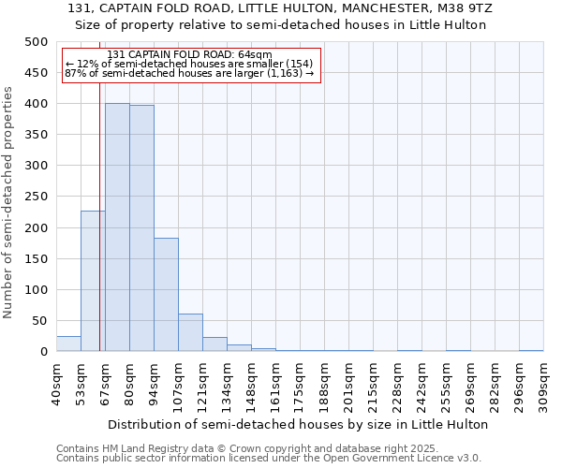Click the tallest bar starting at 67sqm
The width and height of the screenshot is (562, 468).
tap(117, 227)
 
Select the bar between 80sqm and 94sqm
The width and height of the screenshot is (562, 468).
tap(141, 228)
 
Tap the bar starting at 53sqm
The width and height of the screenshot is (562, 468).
tap(93, 281)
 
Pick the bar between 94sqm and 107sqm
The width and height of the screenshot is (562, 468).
tap(166, 295)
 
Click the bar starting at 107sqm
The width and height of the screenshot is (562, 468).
tap(190, 333)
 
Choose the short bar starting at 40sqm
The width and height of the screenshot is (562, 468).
tap(68, 344)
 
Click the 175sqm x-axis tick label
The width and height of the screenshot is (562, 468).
tap(300, 384)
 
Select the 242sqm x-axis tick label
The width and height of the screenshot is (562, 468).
tap(421, 384)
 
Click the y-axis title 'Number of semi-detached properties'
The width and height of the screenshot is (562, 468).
tap(9, 202)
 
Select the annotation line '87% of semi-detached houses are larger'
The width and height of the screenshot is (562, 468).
tap(190, 73)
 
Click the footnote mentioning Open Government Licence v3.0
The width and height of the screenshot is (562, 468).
tap(269, 458)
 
